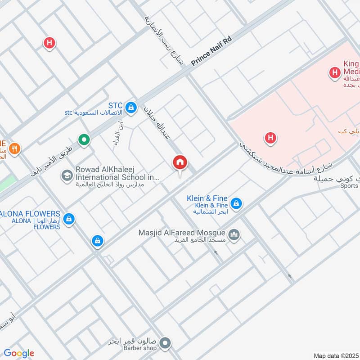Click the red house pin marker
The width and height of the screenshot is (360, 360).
[180, 162]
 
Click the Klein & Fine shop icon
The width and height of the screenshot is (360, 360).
[236, 204]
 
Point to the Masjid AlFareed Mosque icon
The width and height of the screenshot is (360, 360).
[234, 234]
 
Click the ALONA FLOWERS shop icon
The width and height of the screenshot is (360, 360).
[68, 219]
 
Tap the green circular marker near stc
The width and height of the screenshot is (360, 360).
[84, 140]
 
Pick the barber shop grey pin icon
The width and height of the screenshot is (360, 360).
[165, 343]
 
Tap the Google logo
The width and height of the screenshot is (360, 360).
[18, 353]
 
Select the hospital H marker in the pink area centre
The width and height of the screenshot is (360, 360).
[270, 138]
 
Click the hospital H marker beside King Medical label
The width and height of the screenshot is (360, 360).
[334, 72]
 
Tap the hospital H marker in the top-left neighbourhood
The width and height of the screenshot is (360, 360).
[49, 43]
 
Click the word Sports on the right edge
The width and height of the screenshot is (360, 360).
[349, 185]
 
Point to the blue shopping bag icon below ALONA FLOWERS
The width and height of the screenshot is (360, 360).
[97, 241]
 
